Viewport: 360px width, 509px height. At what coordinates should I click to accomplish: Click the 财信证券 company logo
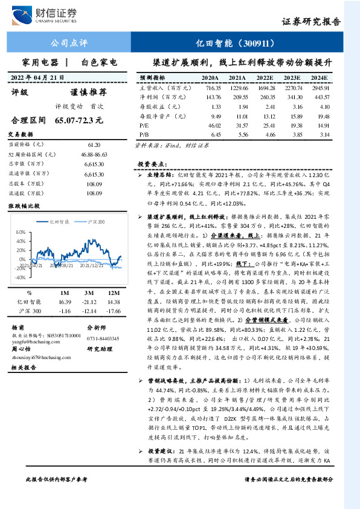click(x=48, y=13)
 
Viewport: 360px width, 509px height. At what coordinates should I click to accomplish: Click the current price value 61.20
click(x=94, y=145)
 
